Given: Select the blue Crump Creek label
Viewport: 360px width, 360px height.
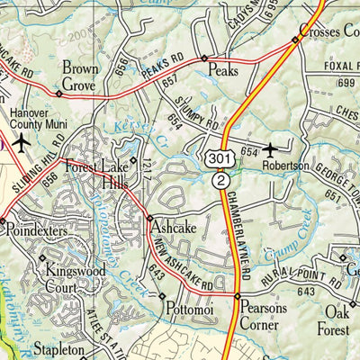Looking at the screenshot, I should tap(289, 238).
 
